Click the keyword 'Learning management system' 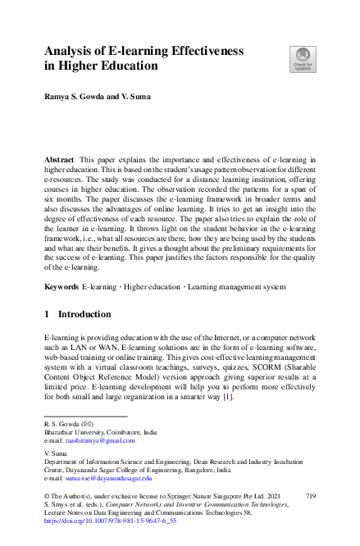pyautogui.click(x=244, y=289)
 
